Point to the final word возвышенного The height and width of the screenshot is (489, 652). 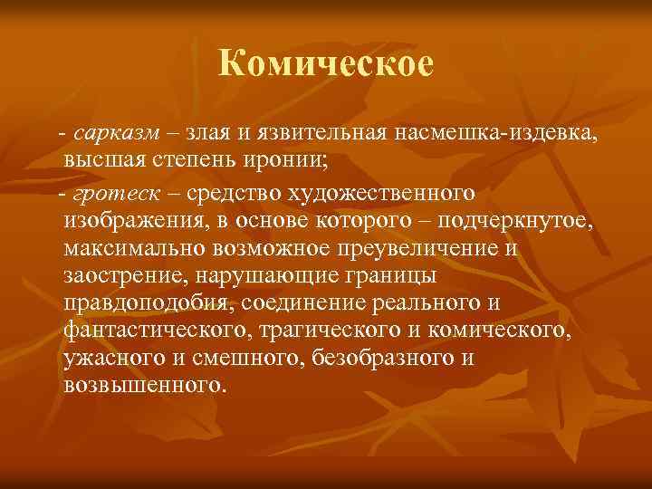[142, 384]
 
